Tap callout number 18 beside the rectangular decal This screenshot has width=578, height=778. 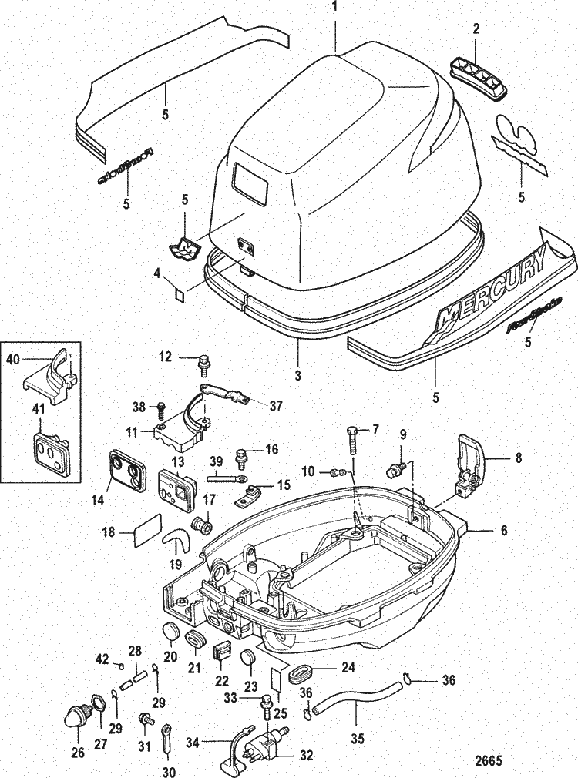[x=109, y=532]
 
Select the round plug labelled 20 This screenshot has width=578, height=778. [x=170, y=633]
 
